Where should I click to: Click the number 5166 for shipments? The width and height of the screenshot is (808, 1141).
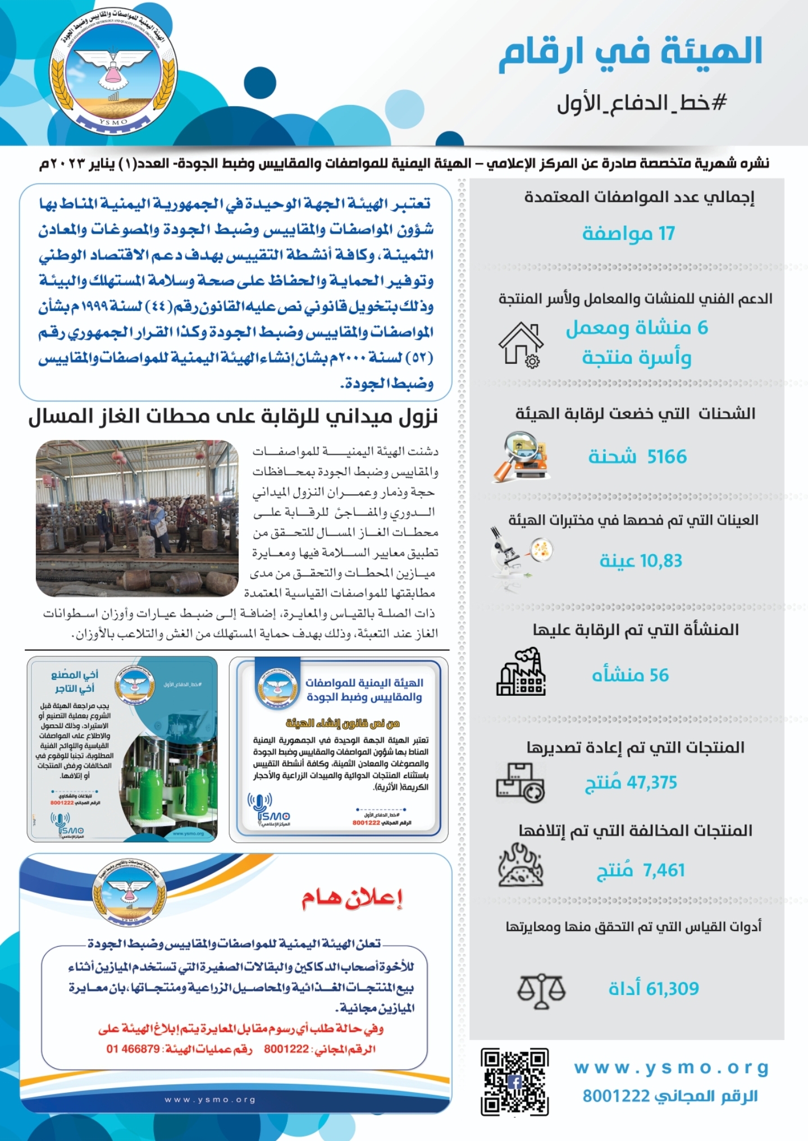pyautogui.click(x=667, y=457)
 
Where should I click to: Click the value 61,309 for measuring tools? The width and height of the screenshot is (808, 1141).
pyautogui.click(x=672, y=989)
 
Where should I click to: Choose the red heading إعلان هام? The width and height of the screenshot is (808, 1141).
pyautogui.click(x=352, y=899)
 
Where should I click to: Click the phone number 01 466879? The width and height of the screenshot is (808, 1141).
pyautogui.click(x=133, y=1049)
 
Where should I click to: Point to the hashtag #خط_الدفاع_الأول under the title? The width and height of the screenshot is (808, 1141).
pyautogui.click(x=642, y=103)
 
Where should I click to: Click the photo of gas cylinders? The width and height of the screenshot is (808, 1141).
pyautogui.click(x=137, y=518)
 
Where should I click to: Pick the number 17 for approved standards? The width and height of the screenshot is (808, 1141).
pyautogui.click(x=667, y=233)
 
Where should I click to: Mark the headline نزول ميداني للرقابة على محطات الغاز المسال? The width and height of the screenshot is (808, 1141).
pyautogui.click(x=232, y=417)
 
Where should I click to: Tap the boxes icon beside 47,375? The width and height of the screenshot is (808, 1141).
pyautogui.click(x=520, y=782)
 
